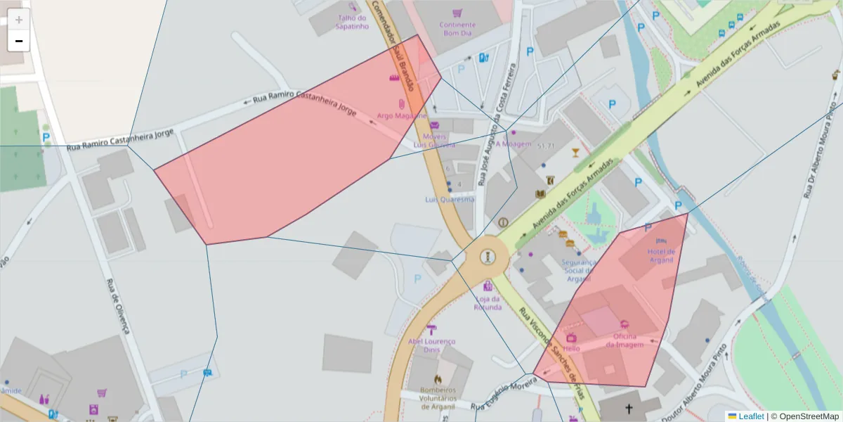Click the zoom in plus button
point(19,20)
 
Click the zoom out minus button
point(19,41)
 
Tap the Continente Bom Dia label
point(457,29)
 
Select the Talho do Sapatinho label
point(353,23)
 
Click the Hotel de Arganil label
point(661,255)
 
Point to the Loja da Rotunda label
point(488,302)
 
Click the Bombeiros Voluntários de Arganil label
point(438,398)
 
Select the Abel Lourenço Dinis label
point(432,345)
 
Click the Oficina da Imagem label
point(625,340)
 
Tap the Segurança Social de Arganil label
point(578,271)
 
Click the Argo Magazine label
point(401,115)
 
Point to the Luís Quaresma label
point(450,199)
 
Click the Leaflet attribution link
point(751,416)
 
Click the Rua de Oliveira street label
point(118,305)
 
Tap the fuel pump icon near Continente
point(483,58)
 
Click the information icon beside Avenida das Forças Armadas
point(503,222)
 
